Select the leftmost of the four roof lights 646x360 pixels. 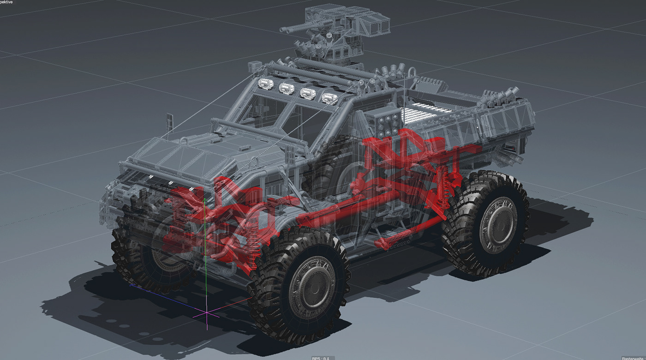click(265, 84)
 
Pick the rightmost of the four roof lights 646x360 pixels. click(328, 98)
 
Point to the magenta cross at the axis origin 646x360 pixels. click(207, 313)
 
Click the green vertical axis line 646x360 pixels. click(204, 258)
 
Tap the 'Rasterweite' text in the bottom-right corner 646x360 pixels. click(633, 358)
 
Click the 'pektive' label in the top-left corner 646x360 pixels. click(7, 2)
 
